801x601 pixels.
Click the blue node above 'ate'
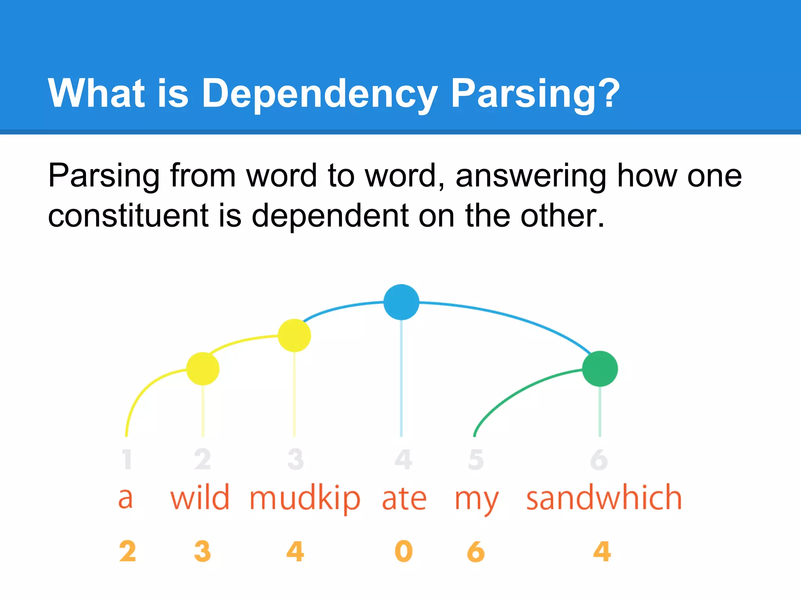pos(401,302)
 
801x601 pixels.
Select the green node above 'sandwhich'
pos(600,369)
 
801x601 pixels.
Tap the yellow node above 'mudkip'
pos(294,335)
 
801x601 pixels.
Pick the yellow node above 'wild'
pos(203,369)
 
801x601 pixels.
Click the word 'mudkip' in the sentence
pos(305,499)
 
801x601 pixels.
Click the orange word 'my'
pos(477,501)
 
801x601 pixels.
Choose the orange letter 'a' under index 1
pos(126,499)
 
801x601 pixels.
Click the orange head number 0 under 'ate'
pos(404,551)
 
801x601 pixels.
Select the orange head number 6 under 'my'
pos(476,551)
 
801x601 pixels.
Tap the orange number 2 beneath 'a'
pos(128,551)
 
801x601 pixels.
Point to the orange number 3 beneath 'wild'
pos(203,551)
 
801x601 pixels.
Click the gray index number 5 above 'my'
pos(476,460)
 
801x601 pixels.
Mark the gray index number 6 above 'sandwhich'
pos(599,460)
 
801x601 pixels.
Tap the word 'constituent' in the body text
pos(128,216)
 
